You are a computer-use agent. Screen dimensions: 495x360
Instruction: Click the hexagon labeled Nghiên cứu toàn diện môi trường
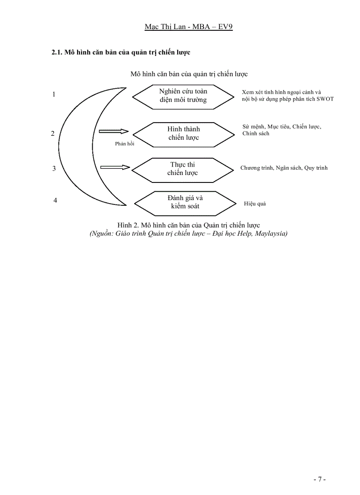pos(183,96)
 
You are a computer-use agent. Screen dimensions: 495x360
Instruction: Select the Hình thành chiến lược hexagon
pos(183,134)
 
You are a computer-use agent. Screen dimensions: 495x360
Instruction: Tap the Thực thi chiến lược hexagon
pos(183,169)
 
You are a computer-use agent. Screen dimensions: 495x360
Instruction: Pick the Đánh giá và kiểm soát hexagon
pos(185,202)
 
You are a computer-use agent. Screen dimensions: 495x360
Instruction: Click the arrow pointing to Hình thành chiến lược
pos(113,131)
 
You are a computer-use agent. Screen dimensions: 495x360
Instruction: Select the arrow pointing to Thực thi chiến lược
pos(115,167)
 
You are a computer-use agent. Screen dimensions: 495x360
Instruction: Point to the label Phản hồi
pos(124,144)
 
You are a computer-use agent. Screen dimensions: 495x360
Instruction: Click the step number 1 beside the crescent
pos(54,94)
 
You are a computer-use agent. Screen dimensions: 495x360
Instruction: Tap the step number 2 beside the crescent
pos(53,134)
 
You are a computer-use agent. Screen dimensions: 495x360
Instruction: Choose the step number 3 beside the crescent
pos(54,168)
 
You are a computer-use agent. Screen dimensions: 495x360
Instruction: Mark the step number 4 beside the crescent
pos(55,201)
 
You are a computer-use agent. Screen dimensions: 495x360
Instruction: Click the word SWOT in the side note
pos(325,99)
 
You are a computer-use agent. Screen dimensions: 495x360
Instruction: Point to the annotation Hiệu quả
pos(255,204)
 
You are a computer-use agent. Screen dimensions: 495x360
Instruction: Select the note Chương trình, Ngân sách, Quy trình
pos(284,168)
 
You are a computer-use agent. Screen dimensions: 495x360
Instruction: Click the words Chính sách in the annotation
pos(255,134)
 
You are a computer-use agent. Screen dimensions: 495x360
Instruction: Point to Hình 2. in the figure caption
pos(127,226)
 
